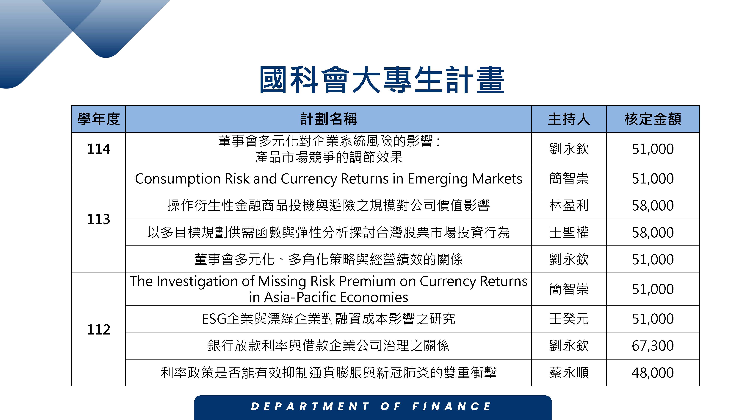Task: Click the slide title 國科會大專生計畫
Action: point(382,79)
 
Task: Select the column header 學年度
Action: point(98,119)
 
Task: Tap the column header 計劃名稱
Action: point(328,119)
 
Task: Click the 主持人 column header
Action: point(569,119)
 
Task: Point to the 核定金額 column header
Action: point(653,119)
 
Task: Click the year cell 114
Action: point(98,149)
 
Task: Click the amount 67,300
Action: point(653,346)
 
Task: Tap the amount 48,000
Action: point(653,372)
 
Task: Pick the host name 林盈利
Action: point(569,206)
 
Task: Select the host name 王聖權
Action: point(569,232)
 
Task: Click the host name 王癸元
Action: point(569,319)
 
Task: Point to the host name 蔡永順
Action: point(569,372)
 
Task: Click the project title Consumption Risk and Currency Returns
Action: point(328,179)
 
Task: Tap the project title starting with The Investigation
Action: point(328,289)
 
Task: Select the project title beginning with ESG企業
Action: point(328,319)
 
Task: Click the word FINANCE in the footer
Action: point(452,406)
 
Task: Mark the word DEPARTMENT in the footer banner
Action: point(310,406)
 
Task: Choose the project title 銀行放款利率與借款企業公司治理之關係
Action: point(328,346)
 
